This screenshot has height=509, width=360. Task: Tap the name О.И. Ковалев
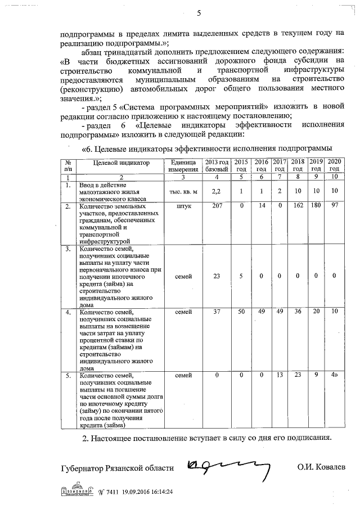point(322,467)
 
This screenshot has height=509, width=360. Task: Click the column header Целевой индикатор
point(114,163)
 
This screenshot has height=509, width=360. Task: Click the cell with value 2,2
point(217,192)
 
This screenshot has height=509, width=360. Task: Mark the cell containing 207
point(217,206)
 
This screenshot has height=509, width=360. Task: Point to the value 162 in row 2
point(298,206)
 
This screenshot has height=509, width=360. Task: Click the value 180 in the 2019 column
point(316,206)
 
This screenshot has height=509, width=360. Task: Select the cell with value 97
point(335,206)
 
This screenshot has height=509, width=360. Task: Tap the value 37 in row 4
point(217,312)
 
